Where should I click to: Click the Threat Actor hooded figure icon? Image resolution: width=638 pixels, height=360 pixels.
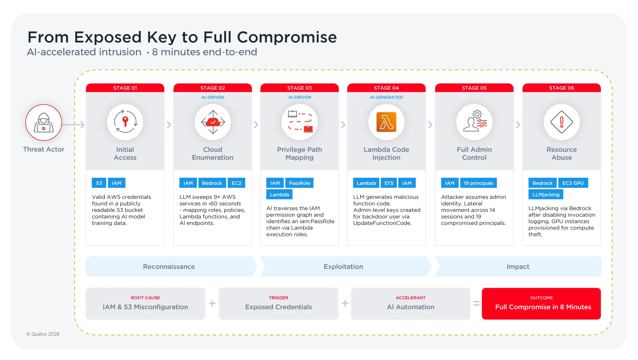[x=44, y=123]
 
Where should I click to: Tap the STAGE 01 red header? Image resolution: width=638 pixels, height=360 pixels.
[x=125, y=88]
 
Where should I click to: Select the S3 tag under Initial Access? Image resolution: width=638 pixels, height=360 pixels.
[x=99, y=183]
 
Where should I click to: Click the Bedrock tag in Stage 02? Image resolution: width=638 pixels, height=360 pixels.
[x=212, y=183]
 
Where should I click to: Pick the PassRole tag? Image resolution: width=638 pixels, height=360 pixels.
[x=299, y=183]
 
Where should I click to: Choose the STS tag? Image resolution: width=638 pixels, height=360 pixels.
[x=389, y=183]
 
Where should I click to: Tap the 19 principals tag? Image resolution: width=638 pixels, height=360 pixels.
[x=478, y=183]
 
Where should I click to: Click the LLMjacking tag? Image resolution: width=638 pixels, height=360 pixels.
[x=546, y=194]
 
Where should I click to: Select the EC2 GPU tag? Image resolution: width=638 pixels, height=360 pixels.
[x=573, y=183]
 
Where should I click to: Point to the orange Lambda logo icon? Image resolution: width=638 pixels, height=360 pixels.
[x=386, y=122]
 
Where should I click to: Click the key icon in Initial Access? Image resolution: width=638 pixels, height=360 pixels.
[x=125, y=122]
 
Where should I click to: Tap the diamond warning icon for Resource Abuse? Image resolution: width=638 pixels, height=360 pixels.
[x=561, y=122]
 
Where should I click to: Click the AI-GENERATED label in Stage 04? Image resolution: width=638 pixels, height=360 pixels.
[x=386, y=97]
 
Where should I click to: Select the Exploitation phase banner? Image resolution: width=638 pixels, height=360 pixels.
[x=343, y=267]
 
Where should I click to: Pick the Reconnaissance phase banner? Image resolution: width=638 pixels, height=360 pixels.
[x=169, y=267]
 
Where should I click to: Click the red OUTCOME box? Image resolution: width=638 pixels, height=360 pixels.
[x=541, y=304]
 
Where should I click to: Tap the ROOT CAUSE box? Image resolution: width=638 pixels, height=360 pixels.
[x=145, y=304]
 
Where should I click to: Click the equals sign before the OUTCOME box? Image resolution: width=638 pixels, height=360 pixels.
[x=476, y=303]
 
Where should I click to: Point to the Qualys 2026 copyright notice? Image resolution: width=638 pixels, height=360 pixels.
[x=43, y=334]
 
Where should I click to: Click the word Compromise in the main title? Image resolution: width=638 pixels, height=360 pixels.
[x=287, y=38]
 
